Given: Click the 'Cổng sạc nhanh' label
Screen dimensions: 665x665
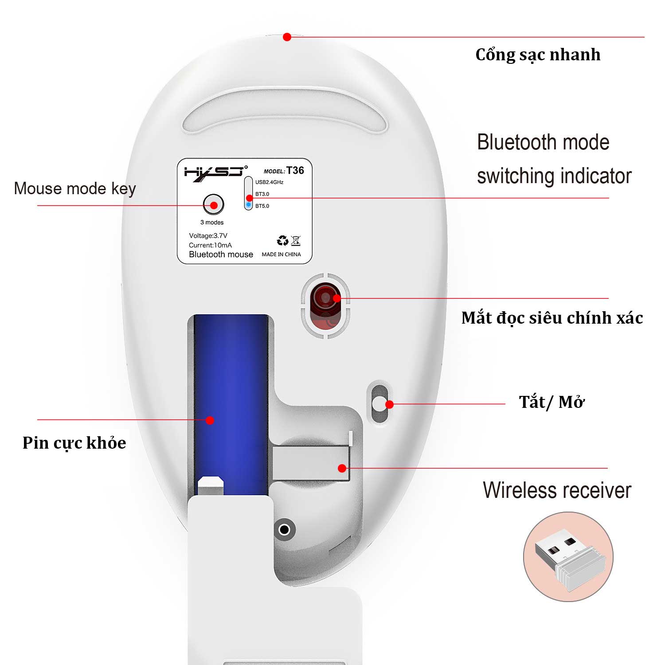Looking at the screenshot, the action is (538, 55).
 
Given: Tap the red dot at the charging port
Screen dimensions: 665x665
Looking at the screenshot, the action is (287, 37).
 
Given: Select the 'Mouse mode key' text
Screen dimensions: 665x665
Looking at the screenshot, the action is (75, 189).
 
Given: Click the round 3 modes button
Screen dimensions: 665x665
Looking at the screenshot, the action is (213, 204).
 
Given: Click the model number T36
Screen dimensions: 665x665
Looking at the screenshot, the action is (295, 171).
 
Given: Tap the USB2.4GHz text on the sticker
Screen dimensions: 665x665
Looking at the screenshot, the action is (269, 182).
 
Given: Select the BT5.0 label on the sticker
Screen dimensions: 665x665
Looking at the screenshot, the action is (262, 206).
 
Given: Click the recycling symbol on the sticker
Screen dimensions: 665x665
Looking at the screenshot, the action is (282, 241).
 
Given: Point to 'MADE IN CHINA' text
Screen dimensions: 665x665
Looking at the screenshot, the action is (281, 254).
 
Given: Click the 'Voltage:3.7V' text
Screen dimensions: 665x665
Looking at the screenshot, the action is (208, 236).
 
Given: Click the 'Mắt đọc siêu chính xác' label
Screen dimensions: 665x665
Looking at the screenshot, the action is (552, 318).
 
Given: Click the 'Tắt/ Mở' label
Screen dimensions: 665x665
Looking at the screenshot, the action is (552, 402).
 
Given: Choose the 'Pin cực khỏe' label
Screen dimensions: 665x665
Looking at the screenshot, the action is (74, 443).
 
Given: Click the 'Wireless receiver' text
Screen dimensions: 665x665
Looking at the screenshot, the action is (557, 490).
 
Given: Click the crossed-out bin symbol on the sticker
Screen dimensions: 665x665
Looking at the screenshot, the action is (296, 241).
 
